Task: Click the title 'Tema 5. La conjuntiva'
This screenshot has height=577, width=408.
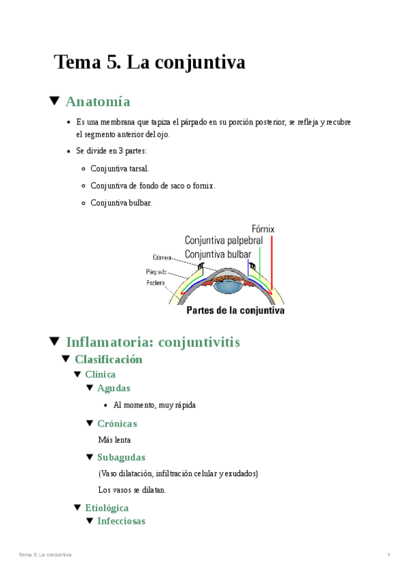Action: click(149, 63)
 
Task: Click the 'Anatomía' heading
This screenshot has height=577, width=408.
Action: click(97, 102)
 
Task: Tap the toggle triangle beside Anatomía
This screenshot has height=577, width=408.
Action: click(55, 101)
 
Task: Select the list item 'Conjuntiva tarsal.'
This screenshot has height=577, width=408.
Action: click(119, 168)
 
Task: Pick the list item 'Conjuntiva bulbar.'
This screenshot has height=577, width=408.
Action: click(121, 202)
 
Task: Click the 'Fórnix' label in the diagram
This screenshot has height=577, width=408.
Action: click(262, 229)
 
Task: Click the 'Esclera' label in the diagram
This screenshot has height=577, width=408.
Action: click(156, 282)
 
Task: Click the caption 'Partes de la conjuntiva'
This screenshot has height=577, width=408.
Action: click(235, 311)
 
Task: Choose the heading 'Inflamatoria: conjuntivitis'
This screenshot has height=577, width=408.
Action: click(152, 342)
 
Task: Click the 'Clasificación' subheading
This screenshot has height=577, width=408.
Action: click(108, 359)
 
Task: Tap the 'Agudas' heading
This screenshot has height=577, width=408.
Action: click(114, 388)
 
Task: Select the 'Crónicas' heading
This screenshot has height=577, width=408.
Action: click(117, 423)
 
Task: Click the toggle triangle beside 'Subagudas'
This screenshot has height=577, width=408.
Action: click(90, 457)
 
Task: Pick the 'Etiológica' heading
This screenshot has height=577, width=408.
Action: click(106, 508)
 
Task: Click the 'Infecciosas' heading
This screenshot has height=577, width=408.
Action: click(120, 521)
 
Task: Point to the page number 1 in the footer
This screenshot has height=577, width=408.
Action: click(388, 555)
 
